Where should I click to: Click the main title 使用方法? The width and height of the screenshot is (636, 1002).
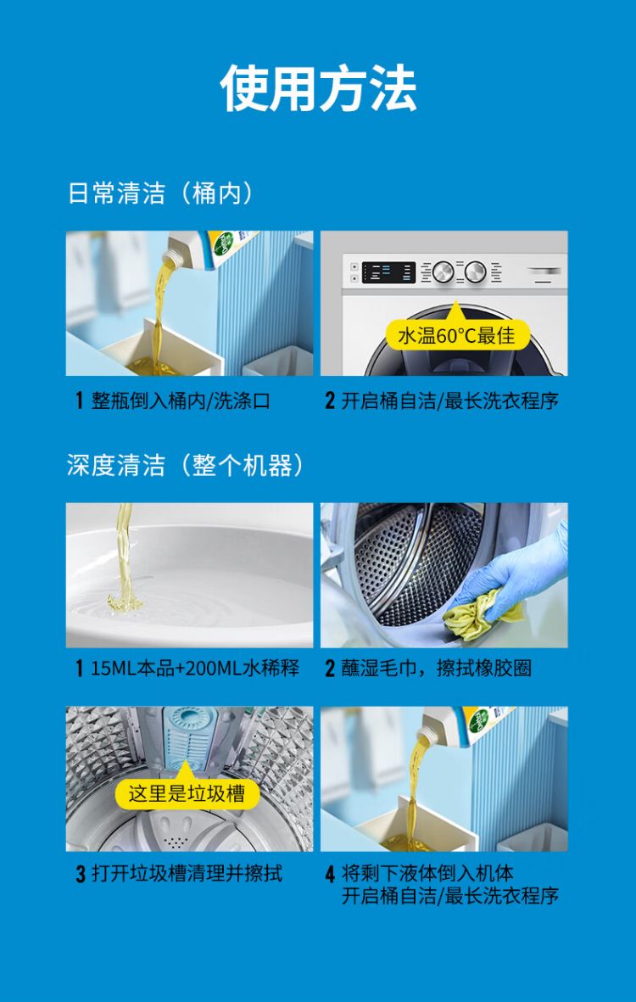point(318,88)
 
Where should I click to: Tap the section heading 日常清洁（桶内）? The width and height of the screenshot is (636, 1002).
point(161,193)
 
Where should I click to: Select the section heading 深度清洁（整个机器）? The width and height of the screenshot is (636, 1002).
point(185,465)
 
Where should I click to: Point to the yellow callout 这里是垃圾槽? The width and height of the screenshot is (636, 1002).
point(187,793)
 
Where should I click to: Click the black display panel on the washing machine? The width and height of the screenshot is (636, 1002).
point(388,273)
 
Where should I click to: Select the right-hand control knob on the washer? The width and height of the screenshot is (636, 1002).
point(475,272)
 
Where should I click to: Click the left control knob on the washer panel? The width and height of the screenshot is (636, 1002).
point(443,272)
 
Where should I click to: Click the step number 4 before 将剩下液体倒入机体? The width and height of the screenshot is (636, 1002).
point(330,874)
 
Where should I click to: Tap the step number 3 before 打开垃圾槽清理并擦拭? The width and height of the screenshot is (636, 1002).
point(81,874)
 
